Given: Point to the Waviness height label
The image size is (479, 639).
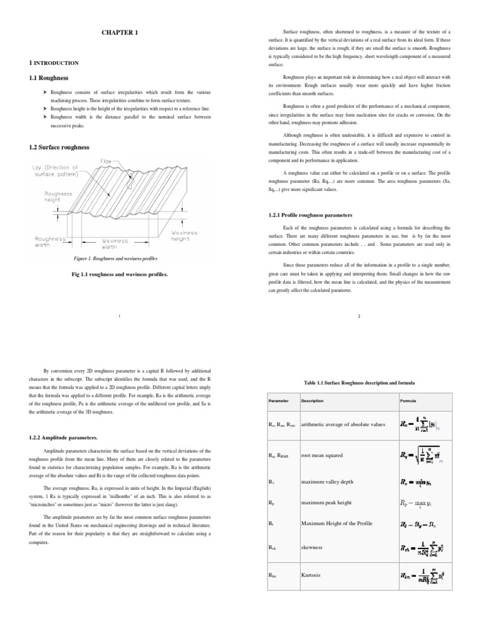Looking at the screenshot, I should coord(185,235).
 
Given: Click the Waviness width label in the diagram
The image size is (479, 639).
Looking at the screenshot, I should coord(115,243).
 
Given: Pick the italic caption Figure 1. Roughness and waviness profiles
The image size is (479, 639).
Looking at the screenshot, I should coord(115,258).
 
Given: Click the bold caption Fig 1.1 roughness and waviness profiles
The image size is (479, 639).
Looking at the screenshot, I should coord(120,274).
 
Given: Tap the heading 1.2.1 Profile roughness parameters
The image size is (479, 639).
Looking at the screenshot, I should coord(310,215).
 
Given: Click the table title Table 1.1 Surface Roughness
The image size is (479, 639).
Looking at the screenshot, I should coord(359,382).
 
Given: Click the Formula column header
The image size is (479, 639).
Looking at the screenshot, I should coord(408,400).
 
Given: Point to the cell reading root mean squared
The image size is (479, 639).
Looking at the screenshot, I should coord(322,455).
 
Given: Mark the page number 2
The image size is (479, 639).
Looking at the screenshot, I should coord(359,316).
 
